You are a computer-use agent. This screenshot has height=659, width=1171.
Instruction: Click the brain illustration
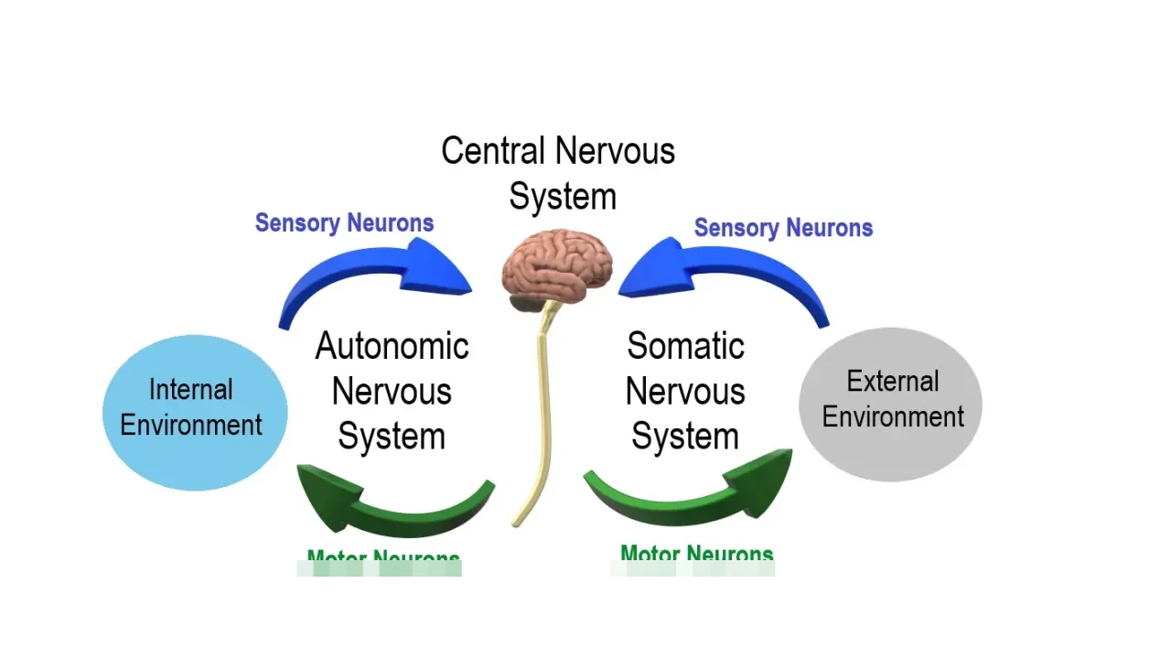[x=557, y=264]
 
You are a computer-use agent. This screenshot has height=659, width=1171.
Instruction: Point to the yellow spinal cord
[x=541, y=412]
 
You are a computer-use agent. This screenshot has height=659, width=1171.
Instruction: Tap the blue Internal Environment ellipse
[x=195, y=412]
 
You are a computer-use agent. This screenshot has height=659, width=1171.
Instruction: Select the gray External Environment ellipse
[x=890, y=404]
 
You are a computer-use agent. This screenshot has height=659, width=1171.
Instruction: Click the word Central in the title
[x=494, y=151]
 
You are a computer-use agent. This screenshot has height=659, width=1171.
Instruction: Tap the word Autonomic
[x=392, y=346]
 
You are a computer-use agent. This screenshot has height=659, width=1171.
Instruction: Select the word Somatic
[x=685, y=346]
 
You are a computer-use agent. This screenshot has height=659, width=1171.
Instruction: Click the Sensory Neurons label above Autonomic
[x=344, y=222]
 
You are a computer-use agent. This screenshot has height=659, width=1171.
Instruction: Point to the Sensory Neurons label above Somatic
[x=783, y=228]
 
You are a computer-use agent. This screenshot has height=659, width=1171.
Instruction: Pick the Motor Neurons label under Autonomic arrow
[x=383, y=558]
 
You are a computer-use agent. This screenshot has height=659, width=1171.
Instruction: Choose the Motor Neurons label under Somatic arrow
[x=696, y=554]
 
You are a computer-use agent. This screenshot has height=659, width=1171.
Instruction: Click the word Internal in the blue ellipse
[x=190, y=390]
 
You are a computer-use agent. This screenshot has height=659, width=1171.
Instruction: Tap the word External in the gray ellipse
[x=893, y=381]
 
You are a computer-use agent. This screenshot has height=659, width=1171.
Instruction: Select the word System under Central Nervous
[x=563, y=197]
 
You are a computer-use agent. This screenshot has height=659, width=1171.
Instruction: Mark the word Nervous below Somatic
[x=685, y=392]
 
